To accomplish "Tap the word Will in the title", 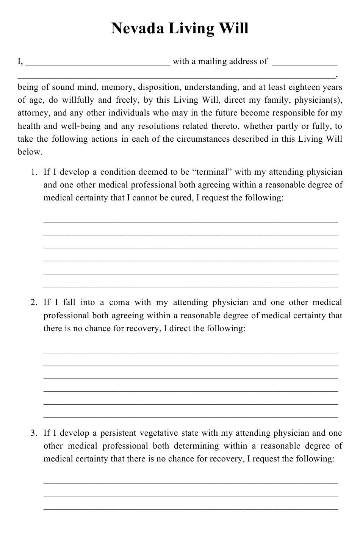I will coord(234,29).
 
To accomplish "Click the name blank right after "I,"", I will coord(98,64).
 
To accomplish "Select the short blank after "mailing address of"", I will coord(305,64).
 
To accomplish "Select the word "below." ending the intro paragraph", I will coord(30,152).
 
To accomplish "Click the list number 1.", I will coord(34,172).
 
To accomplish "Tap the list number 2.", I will coord(34,302).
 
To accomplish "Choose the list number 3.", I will coord(34,433).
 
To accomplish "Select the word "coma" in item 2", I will coord(119,302).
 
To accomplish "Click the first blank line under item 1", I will coord(191,221).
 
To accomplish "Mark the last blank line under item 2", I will coord(191,416).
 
